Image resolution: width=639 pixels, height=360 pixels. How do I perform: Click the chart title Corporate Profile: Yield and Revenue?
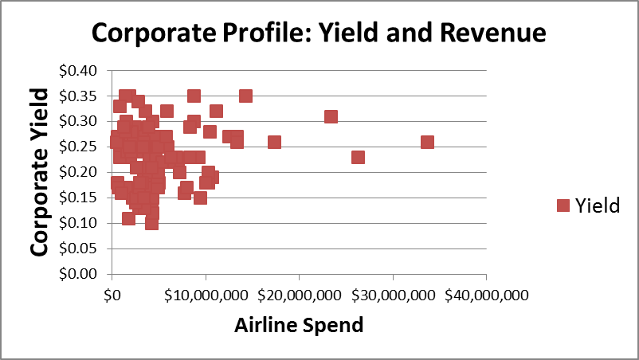click(x=319, y=33)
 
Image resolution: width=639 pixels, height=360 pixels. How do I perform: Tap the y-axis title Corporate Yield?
click(x=39, y=171)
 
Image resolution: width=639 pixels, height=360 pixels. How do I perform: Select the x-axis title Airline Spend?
click(x=298, y=325)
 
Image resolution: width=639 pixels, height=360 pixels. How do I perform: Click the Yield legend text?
click(x=598, y=205)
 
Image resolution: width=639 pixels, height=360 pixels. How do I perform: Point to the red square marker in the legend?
click(x=563, y=205)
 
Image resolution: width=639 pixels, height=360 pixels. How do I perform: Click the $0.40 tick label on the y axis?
click(x=78, y=70)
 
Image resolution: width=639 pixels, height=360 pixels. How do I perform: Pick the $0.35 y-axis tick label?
click(x=78, y=96)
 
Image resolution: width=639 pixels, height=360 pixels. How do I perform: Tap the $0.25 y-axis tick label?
click(x=78, y=147)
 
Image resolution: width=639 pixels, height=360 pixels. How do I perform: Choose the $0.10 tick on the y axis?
click(x=78, y=223)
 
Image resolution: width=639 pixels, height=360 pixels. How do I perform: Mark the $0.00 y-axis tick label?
click(x=78, y=274)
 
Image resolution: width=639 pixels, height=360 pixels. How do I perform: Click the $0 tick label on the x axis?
click(x=112, y=295)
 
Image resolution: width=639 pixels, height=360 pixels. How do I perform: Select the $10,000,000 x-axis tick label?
click(x=206, y=295)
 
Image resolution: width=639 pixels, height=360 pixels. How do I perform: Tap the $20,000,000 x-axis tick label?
click(x=299, y=295)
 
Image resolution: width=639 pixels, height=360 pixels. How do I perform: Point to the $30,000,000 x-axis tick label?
click(x=393, y=295)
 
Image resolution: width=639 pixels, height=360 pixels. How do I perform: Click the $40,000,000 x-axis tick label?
click(x=486, y=295)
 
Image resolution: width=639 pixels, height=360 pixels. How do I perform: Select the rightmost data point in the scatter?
click(x=427, y=142)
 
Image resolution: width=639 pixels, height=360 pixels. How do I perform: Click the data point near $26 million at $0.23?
click(x=358, y=157)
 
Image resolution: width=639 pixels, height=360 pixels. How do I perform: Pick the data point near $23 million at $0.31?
click(x=331, y=116)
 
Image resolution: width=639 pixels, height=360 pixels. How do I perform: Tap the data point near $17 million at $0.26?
click(x=274, y=142)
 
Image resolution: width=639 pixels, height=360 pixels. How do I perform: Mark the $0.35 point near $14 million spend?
click(x=245, y=96)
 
